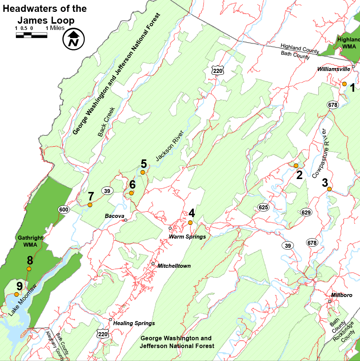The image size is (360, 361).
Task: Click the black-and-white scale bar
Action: coord(31,36)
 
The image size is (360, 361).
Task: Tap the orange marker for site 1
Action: coord(344,84)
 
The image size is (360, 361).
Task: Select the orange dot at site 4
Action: coord(190,223)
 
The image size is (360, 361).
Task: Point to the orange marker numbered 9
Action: coord(16,294)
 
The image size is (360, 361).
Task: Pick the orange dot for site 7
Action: coord(90,205)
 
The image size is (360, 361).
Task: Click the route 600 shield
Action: coord(64,210)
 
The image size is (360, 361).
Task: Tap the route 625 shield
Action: coord(263,208)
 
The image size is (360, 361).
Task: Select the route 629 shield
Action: coord(306,212)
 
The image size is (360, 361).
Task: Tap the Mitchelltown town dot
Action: coord(153,264)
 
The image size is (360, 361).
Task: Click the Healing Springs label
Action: coord(134,323)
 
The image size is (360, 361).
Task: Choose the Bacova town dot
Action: coord(126,220)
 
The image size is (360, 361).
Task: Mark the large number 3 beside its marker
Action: coord(325,182)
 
